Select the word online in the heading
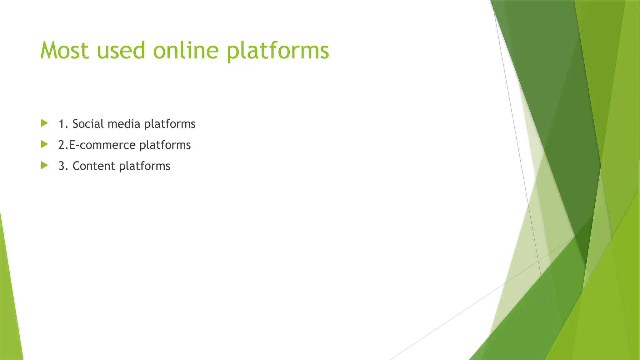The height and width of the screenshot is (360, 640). [186, 51]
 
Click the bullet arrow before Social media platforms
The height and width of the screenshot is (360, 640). [44, 123]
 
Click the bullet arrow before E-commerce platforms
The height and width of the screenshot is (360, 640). [44, 144]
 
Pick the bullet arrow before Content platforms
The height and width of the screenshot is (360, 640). [44, 165]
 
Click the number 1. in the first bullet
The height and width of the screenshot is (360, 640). [63, 124]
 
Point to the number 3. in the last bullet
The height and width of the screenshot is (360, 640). [63, 166]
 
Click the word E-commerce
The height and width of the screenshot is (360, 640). [102, 145]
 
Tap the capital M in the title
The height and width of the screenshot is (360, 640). [49, 51]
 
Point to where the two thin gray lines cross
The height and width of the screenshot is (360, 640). [538, 260]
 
